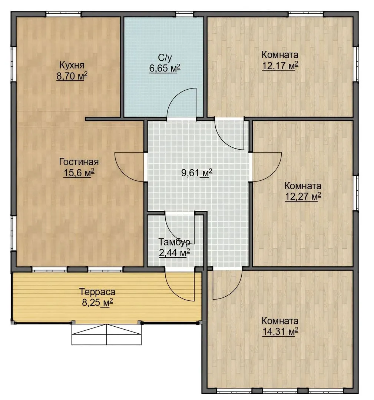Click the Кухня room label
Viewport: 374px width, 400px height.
coord(72,65)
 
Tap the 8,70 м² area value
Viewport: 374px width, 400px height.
coord(72,76)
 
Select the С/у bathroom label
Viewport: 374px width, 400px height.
coord(165,57)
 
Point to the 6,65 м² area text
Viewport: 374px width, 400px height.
coord(165,68)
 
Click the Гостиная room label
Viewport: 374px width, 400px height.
coord(79,162)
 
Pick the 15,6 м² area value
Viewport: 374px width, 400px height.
coord(79,173)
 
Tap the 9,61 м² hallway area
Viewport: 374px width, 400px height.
coord(196,173)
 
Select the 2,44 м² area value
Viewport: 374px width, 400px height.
coord(174,253)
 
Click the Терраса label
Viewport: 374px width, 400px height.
coord(97,291)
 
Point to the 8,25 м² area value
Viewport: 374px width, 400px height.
coord(97,303)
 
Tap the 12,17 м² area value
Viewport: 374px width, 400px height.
coord(280,66)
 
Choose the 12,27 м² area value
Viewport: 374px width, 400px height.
coord(303,197)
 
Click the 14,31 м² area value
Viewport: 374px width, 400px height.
coord(280,331)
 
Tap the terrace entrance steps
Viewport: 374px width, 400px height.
coord(106,334)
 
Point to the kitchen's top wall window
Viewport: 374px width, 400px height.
coord(63,14)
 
